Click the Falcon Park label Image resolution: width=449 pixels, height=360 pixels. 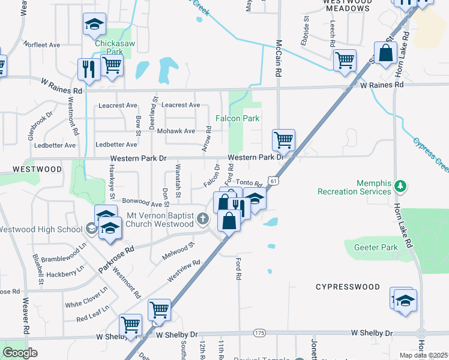(x=238, y=119)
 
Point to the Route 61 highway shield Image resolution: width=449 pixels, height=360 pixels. (x=273, y=180)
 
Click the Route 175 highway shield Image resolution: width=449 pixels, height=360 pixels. (x=259, y=332)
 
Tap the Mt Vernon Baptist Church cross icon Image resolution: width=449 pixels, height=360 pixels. (x=203, y=220)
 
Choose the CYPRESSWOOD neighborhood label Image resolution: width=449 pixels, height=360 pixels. (x=348, y=287)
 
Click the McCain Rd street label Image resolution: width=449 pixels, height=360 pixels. (x=279, y=53)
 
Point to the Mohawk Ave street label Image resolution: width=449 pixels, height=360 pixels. (x=176, y=131)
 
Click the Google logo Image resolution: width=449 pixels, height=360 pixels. (x=20, y=353)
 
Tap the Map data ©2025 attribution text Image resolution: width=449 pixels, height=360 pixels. (x=423, y=355)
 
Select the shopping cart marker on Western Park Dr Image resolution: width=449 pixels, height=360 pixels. (x=283, y=140)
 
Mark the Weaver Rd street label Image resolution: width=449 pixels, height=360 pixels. (x=26, y=317)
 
